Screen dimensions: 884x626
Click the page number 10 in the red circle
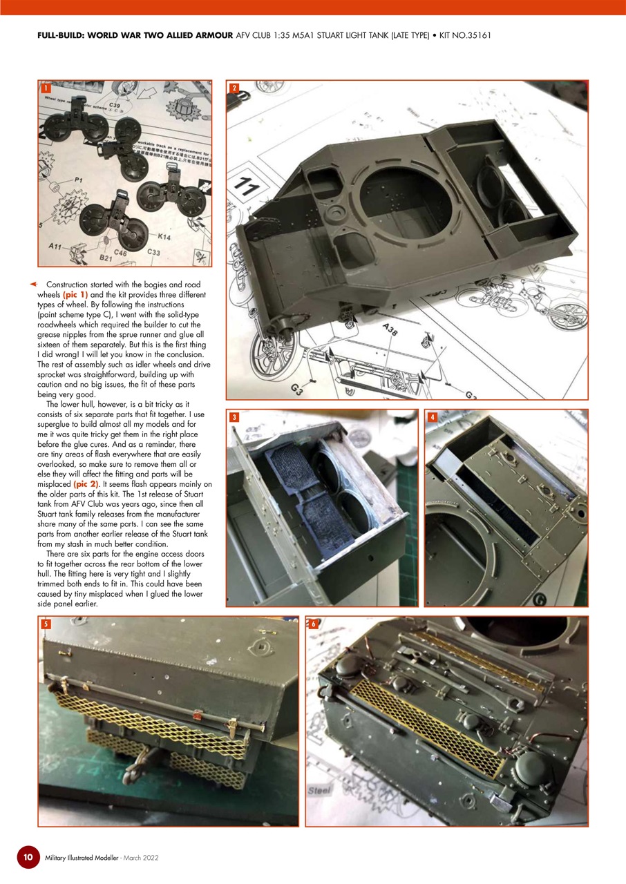(28, 857)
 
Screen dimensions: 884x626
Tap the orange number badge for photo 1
(45, 88)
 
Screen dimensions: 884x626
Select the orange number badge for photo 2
(235, 88)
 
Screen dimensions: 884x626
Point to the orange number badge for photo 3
(235, 417)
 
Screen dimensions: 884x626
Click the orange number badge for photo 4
(433, 417)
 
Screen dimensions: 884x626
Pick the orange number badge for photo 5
(46, 624)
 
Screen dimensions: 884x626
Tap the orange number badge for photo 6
(313, 624)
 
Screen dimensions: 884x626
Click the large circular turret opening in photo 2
(408, 200)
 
